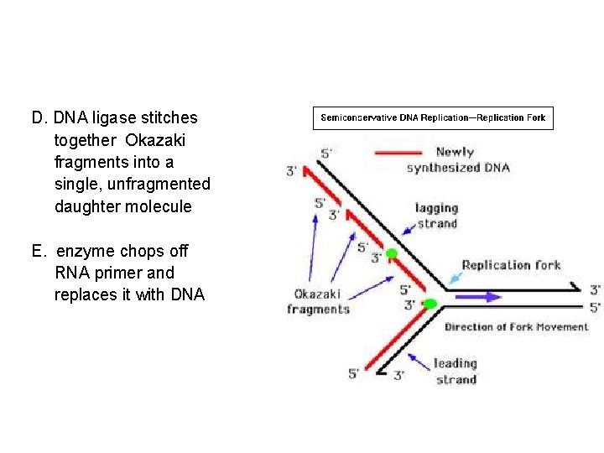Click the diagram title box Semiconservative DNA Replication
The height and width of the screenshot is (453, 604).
433,118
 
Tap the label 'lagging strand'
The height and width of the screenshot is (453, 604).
436,216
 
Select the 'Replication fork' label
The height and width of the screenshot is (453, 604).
510,265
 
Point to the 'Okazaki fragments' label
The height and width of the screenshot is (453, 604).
317,301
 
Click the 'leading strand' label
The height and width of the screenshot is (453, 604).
456,371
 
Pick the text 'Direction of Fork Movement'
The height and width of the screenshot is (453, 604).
516,326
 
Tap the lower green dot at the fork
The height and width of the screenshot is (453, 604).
430,303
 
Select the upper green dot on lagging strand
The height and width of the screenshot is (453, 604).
391,253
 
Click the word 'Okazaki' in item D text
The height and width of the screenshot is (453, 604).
159,139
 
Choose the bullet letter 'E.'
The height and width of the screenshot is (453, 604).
39,251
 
